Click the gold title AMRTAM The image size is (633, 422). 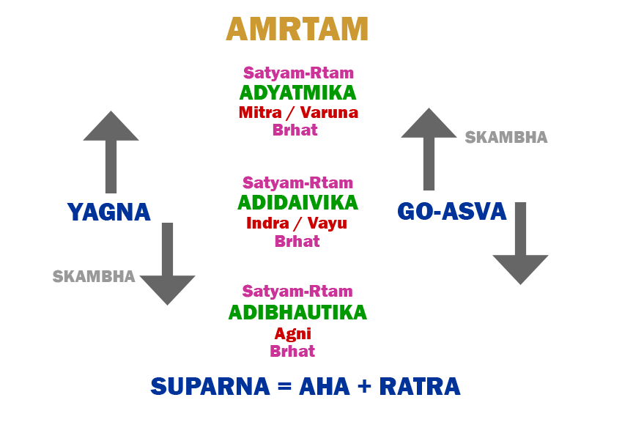pos(297,29)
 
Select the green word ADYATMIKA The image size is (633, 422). pos(297,93)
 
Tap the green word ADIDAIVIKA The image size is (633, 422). pos(297,202)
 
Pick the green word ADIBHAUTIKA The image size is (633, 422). pos(297,313)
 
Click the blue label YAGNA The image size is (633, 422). pos(108,212)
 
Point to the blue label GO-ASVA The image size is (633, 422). pos(452,212)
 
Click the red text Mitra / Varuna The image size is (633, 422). pos(298,113)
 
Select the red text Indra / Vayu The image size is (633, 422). pos(297,223)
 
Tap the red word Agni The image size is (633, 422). pos(293,333)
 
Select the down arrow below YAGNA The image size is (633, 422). pos(167,264)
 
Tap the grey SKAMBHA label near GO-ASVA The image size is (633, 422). pos(506,138)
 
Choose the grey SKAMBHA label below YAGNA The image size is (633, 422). pos(94,277)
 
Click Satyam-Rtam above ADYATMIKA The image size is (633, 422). pos(298,73)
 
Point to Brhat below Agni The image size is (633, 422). pos(292,351)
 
